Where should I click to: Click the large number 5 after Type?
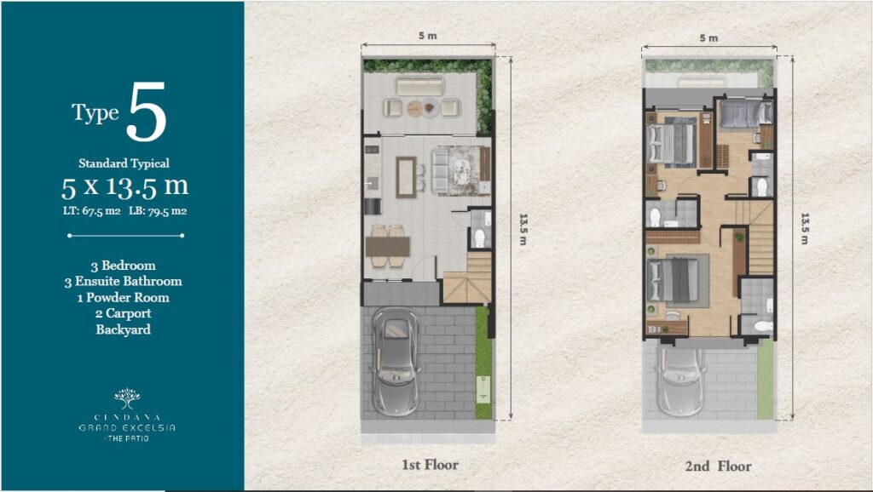[x=146, y=112]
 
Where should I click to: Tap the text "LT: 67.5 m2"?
[x=92, y=211]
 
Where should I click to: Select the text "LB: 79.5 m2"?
[x=158, y=211]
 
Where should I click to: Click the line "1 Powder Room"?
[x=123, y=297]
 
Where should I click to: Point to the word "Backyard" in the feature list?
[x=123, y=329]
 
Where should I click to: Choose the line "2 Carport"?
[x=123, y=313]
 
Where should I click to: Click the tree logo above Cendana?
[x=128, y=398]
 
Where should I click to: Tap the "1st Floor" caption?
[x=431, y=465]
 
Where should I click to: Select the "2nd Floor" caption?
[x=718, y=466]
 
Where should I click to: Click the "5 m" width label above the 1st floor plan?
[x=428, y=36]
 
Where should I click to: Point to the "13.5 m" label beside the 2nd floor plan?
[x=805, y=228]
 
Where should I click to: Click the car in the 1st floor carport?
[x=396, y=362]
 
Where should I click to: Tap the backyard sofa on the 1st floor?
[x=420, y=86]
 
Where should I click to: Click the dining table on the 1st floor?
[x=388, y=246]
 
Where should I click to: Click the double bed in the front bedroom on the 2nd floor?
[x=674, y=280]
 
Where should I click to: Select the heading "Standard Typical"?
[x=124, y=163]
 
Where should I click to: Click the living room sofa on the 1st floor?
[x=441, y=172]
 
